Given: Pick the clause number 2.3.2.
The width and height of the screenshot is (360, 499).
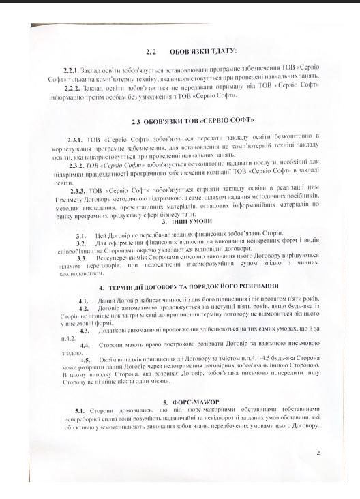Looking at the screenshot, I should tap(81, 167).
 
